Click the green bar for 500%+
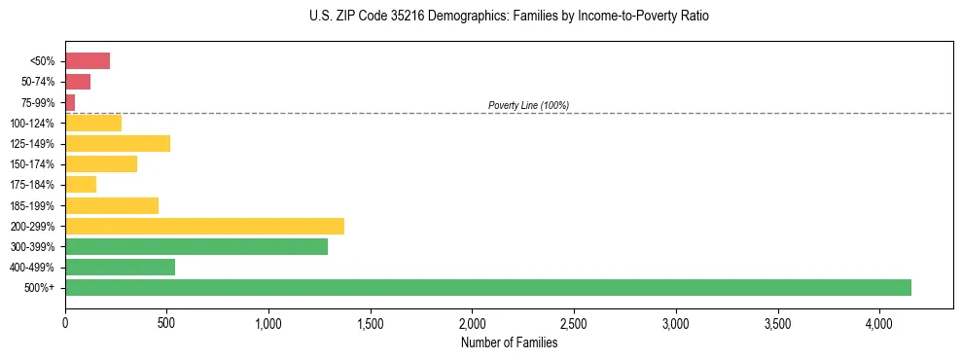click(487, 287)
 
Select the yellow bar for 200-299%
click(204, 226)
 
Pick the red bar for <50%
click(88, 61)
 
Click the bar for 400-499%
click(120, 267)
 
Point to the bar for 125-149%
click(118, 143)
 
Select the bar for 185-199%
click(112, 205)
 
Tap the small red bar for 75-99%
click(70, 102)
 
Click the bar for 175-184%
click(81, 185)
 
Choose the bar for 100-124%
click(93, 123)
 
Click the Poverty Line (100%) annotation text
click(528, 105)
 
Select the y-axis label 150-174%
click(32, 164)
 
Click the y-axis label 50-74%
click(38, 82)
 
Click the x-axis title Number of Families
click(509, 342)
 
